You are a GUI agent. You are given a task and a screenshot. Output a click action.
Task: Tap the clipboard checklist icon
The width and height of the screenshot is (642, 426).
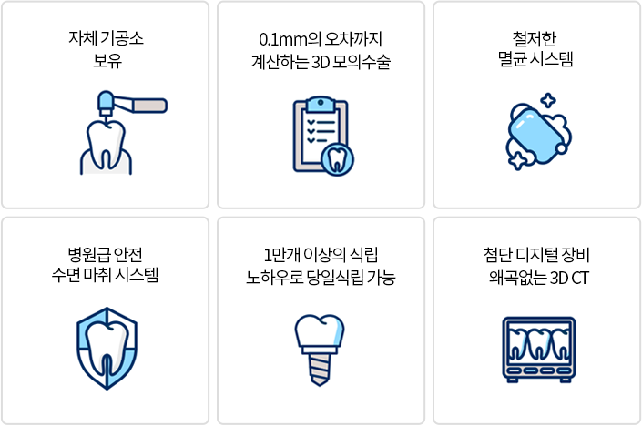coord(323,136)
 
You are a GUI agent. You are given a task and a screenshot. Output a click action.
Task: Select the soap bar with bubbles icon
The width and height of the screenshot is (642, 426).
coord(538,132)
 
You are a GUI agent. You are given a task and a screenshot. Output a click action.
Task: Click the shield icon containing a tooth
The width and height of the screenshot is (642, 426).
coord(107,349)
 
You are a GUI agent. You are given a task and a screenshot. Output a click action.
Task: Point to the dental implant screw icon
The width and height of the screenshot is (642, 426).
coord(320,350)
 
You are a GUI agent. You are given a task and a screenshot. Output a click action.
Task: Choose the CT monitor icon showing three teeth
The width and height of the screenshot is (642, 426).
coord(539,350)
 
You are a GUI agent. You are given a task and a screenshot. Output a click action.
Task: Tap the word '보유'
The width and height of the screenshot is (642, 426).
coord(107,61)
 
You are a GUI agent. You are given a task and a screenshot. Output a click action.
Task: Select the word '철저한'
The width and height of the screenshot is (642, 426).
coord(535,38)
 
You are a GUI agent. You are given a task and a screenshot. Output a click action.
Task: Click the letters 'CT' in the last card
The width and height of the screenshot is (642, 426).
coord(580,279)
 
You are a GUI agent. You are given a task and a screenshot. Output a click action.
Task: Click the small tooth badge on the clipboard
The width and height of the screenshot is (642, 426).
coord(337,160)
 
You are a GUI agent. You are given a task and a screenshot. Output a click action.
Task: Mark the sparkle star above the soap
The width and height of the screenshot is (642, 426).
coord(548,101)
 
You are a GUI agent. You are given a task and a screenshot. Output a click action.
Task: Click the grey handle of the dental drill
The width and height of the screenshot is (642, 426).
coord(149,106)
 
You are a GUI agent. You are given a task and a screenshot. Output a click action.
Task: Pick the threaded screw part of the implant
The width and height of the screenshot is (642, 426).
coord(320,370)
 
